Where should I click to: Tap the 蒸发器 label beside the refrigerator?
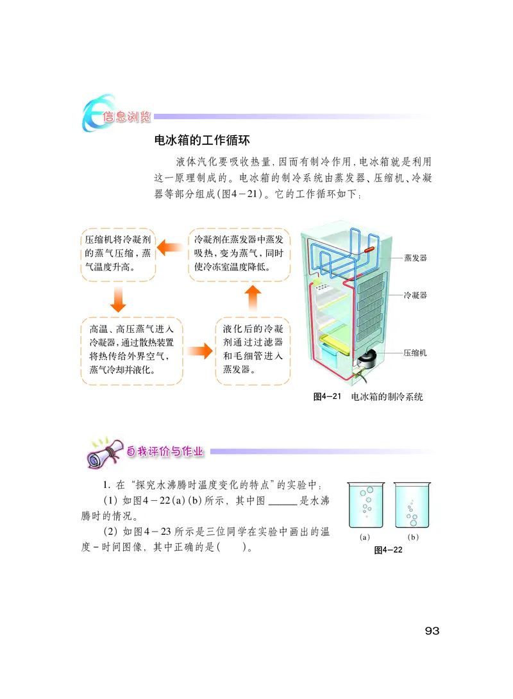(416, 257)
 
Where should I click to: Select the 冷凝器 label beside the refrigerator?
(416, 296)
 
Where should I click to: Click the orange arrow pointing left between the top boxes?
(171, 246)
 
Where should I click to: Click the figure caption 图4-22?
(388, 550)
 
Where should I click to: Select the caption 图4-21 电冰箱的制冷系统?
(367, 397)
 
